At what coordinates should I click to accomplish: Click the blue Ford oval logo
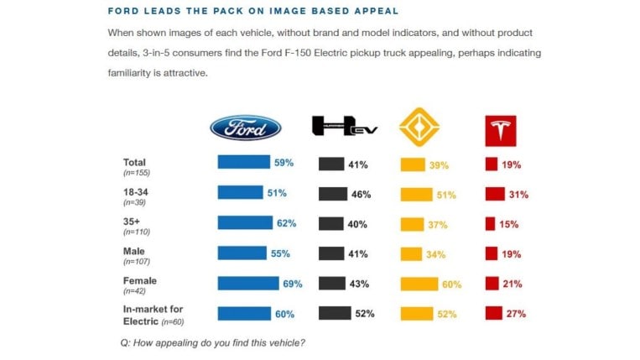pyautogui.click(x=245, y=127)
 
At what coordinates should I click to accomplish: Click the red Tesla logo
pyautogui.click(x=501, y=128)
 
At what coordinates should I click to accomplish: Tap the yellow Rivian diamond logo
pyautogui.click(x=419, y=128)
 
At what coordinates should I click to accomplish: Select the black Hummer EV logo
pyautogui.click(x=344, y=127)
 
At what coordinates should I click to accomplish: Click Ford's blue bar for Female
pyautogui.click(x=247, y=284)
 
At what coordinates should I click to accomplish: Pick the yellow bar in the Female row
pyautogui.click(x=419, y=284)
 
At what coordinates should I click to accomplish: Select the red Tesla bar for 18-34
pyautogui.click(x=494, y=194)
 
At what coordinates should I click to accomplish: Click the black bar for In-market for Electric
pyautogui.click(x=335, y=314)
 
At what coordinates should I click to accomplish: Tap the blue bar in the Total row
pyautogui.click(x=243, y=163)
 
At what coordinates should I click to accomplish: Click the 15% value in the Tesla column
pyautogui.click(x=509, y=225)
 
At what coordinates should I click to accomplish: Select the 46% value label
pyautogui.click(x=361, y=195)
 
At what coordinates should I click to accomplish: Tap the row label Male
pyautogui.click(x=133, y=250)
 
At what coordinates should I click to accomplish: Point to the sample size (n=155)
pyautogui.click(x=137, y=172)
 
